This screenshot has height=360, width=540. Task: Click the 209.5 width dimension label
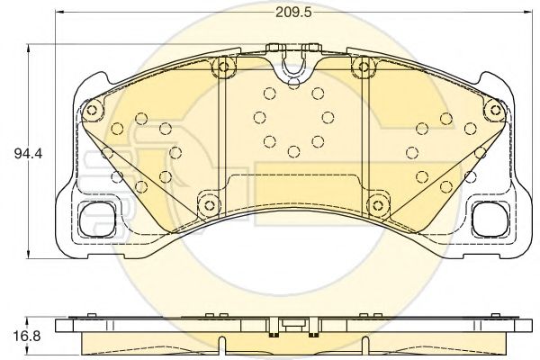[x=293, y=13]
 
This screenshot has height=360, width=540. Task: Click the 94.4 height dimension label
[x=28, y=153]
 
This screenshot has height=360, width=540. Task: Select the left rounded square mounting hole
[x=97, y=220]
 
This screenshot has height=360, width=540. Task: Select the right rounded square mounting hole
[x=490, y=220]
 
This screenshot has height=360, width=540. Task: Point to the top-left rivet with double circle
[x=223, y=67]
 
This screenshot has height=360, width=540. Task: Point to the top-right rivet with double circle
[x=364, y=67]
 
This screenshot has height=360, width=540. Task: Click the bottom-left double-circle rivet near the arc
[x=209, y=205]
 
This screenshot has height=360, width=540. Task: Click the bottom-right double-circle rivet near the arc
[x=378, y=205]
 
